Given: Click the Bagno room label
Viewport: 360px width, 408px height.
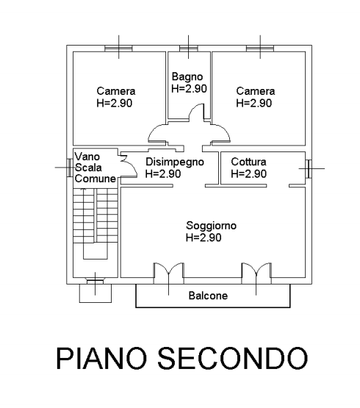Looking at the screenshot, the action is click(x=187, y=77).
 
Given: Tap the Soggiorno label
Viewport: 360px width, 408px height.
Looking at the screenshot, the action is click(x=211, y=226).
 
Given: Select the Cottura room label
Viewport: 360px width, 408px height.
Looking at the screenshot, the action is click(x=248, y=162).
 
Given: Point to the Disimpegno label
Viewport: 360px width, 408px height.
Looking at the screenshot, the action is click(x=175, y=162).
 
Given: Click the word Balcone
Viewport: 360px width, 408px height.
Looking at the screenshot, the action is click(x=208, y=296).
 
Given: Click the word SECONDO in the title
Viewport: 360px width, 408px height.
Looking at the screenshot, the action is click(x=233, y=358).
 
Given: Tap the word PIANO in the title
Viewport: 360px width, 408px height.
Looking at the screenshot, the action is click(x=101, y=358).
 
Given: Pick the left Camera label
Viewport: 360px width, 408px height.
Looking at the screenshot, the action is click(x=116, y=91).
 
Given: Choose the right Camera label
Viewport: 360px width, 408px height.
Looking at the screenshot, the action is click(x=256, y=91).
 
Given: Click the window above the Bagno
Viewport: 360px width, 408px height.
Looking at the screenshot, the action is click(x=189, y=49).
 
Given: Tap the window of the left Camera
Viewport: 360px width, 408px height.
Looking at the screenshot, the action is click(x=118, y=49).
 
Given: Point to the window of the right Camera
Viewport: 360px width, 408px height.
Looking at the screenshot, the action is click(x=260, y=49).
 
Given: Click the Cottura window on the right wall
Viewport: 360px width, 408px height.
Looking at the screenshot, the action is click(x=309, y=168).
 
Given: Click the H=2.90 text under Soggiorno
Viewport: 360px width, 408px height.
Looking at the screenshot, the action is click(x=204, y=237).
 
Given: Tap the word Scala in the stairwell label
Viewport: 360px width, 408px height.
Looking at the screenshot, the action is click(x=88, y=168).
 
